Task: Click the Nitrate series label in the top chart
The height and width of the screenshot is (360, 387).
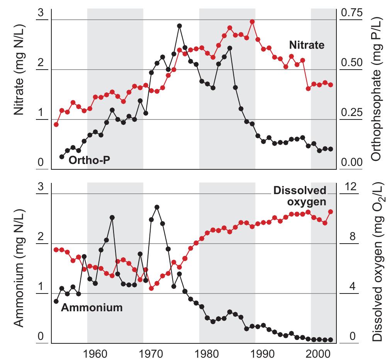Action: point(307,45)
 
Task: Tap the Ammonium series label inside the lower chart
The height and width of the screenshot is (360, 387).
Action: point(92,308)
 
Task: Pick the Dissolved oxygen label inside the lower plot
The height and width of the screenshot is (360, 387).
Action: point(300,196)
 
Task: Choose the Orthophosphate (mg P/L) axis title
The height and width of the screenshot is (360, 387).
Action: point(375,90)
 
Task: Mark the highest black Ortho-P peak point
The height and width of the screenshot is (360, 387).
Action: point(179,26)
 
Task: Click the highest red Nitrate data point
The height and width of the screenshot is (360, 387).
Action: point(252,22)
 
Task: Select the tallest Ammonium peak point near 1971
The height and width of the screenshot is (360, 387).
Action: point(157,207)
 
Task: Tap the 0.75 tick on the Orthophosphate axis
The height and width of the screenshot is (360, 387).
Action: point(352,13)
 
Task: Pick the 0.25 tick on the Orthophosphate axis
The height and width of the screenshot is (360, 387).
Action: point(352,113)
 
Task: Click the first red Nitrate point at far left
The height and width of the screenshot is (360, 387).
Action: point(56,125)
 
